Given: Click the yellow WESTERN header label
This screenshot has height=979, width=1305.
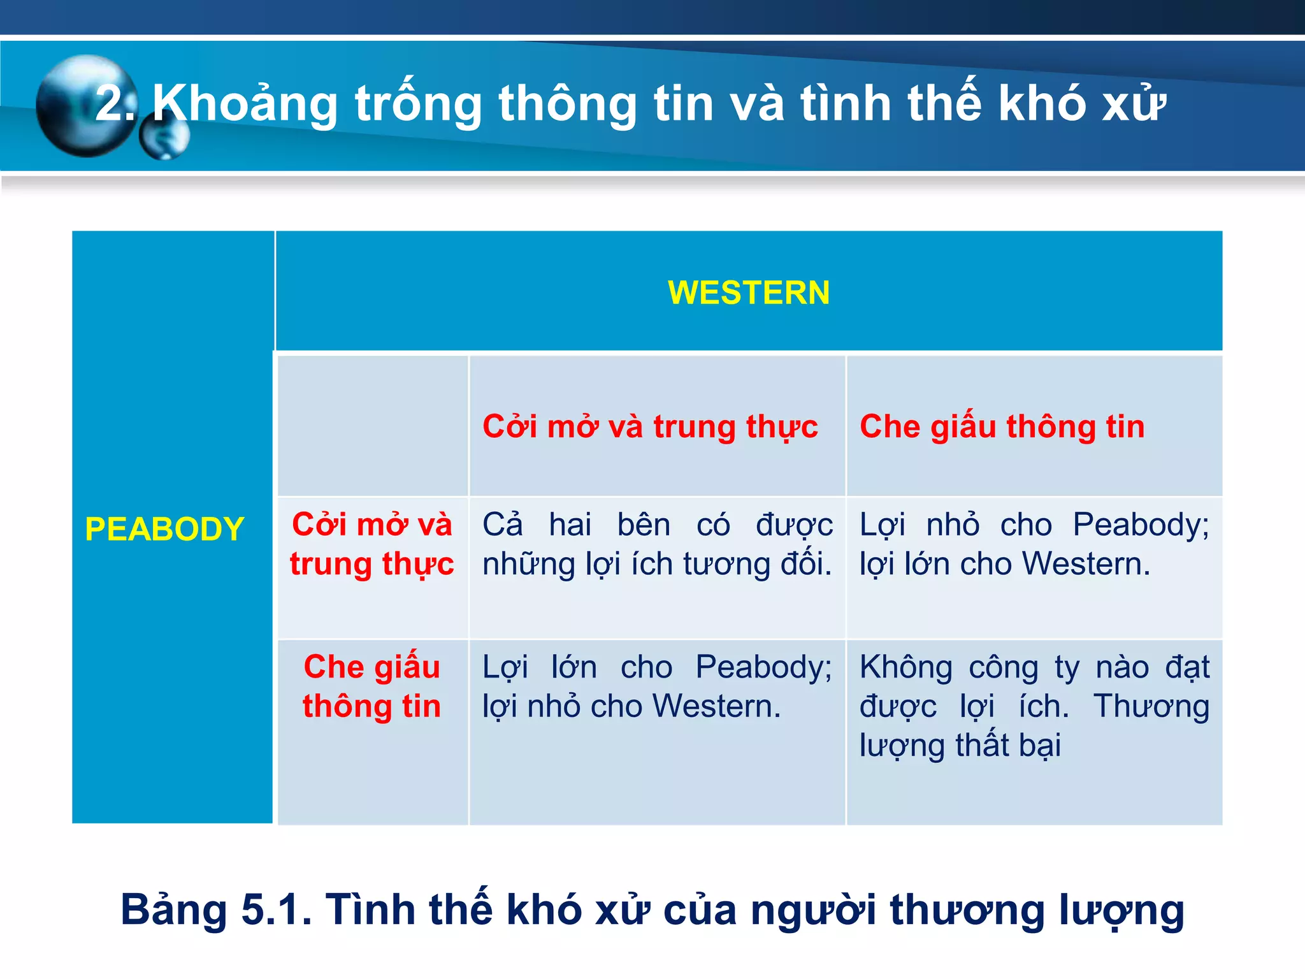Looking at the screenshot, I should click(x=749, y=293).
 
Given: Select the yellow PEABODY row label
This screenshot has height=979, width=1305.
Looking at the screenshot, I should click(x=164, y=529).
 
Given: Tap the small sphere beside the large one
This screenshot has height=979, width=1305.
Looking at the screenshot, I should click(x=164, y=138).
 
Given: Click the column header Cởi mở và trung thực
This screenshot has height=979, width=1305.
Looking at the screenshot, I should click(x=650, y=426).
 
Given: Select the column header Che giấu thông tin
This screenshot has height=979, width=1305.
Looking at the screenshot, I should click(x=1002, y=426).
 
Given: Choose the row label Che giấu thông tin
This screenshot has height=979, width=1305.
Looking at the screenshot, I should click(x=372, y=686).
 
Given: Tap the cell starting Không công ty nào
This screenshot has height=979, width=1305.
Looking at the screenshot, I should click(x=1034, y=706).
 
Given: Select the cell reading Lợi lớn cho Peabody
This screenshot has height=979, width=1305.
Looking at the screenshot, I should click(x=657, y=686).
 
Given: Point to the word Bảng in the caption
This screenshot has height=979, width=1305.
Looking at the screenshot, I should click(x=174, y=910).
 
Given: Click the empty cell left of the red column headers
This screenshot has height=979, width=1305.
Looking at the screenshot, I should click(x=373, y=426).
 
